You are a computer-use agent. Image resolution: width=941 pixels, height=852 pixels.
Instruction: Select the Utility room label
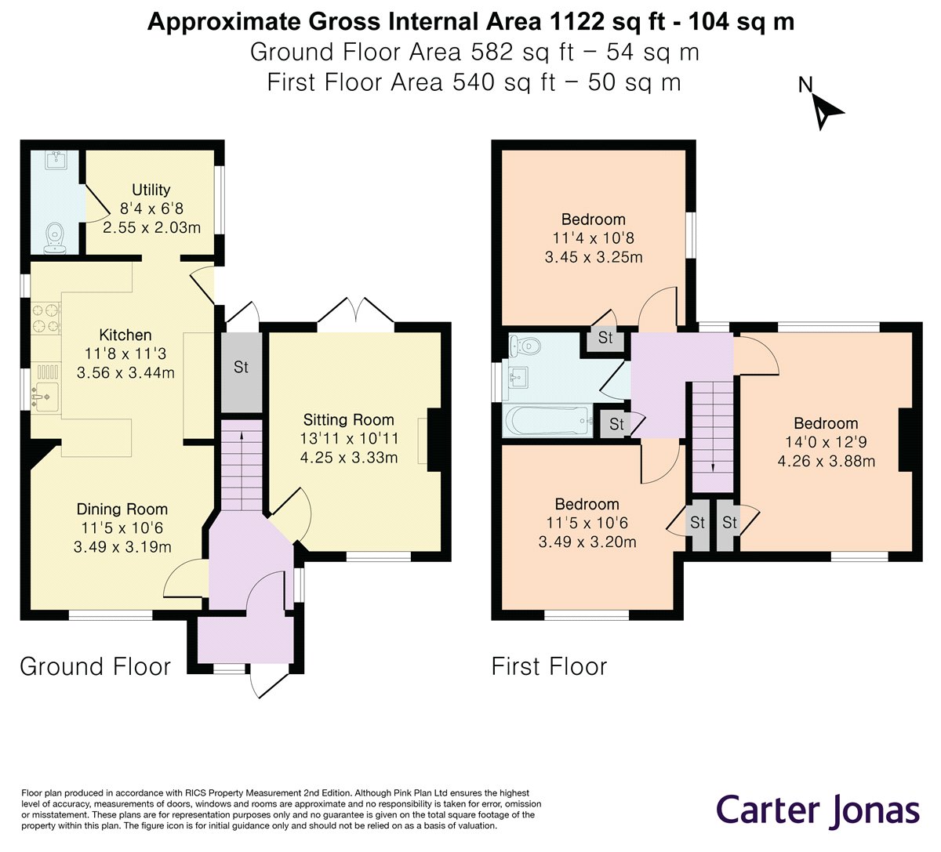tap(151, 190)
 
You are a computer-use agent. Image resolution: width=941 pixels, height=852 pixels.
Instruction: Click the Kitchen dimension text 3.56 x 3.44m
tap(125, 373)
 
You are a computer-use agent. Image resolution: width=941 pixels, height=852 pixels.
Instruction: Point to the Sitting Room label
tap(348, 419)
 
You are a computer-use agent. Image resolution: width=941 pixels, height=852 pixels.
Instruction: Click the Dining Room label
tap(122, 509)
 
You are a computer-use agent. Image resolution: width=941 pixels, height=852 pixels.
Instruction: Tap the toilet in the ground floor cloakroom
tap(56, 237)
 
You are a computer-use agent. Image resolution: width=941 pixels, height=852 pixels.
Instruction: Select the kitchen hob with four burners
tap(46, 318)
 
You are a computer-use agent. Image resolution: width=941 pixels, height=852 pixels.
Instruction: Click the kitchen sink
tap(46, 397)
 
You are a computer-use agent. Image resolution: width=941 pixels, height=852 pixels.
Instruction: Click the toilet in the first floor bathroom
tap(525, 347)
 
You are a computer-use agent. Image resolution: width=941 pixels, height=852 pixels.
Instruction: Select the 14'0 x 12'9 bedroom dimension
tap(826, 442)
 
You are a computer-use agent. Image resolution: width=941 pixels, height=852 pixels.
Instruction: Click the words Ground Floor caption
tap(95, 666)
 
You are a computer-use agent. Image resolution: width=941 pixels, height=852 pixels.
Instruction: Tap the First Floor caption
tap(549, 666)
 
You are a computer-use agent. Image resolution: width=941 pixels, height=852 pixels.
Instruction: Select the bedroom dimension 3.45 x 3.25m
tap(594, 257)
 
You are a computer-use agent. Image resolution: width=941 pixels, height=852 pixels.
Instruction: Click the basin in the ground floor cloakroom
tap(56, 160)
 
